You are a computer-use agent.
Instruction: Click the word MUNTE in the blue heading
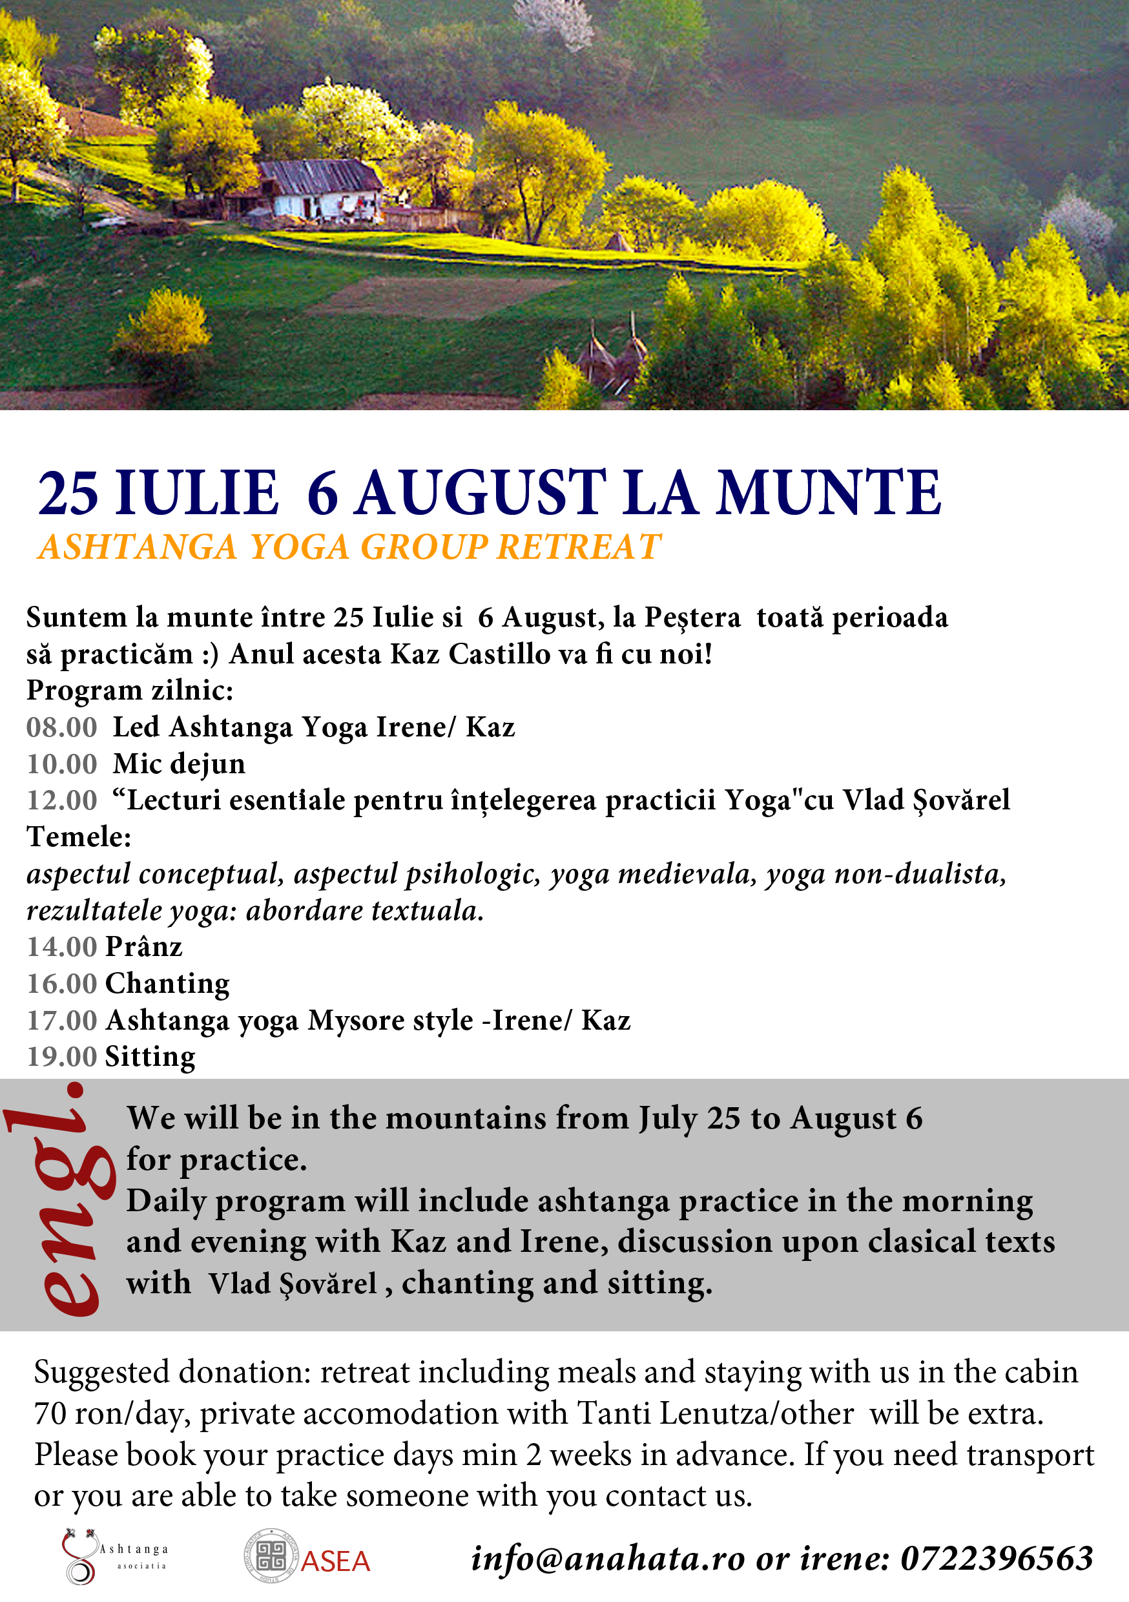coord(829,494)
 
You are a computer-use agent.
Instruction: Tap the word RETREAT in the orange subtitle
coord(579,546)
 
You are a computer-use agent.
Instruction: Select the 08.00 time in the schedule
coord(61,727)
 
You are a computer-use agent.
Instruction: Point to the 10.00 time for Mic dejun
coord(61,764)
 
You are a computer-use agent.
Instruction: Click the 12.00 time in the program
coord(61,800)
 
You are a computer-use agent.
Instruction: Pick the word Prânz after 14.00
coord(144,947)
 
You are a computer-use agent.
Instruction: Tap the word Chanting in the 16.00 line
coord(167,984)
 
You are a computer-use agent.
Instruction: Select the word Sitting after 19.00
coord(150,1057)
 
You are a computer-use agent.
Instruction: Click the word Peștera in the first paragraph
coord(692,618)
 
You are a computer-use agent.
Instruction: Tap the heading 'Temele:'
coord(79,837)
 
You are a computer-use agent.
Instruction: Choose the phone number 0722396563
coord(997,1559)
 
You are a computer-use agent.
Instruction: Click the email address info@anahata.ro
coord(608,1559)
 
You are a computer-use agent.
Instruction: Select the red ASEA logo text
coord(335,1561)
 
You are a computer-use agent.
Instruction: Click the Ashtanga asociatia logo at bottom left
coord(112,1556)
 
